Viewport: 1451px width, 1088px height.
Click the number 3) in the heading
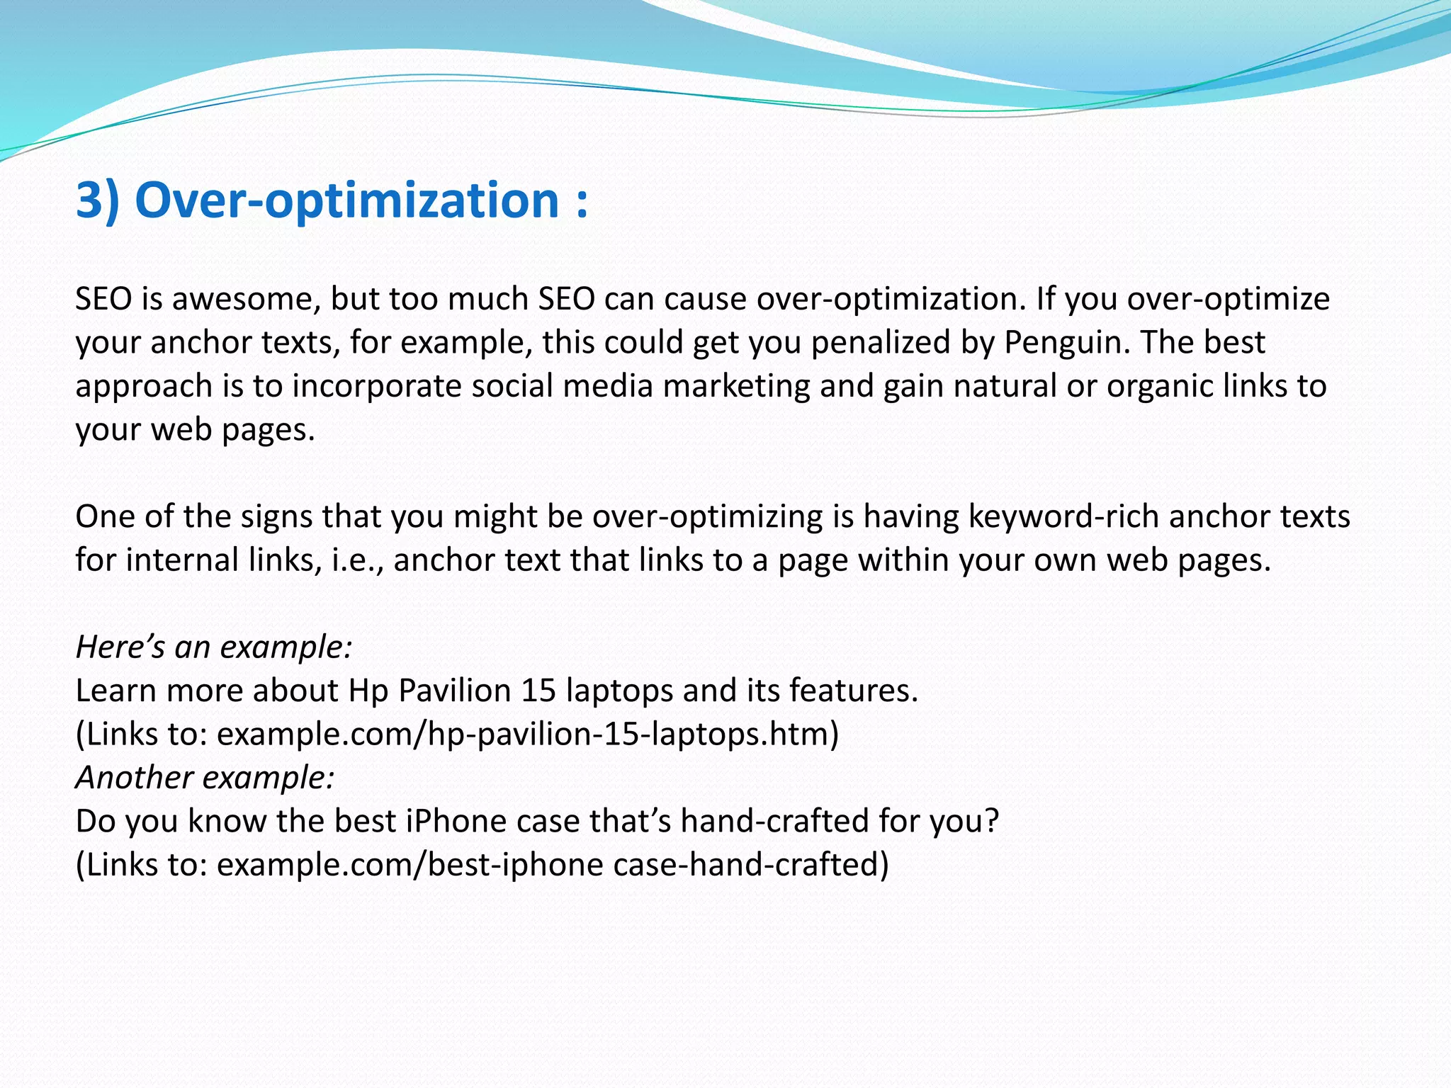(97, 200)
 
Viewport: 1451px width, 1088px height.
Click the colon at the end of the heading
(582, 202)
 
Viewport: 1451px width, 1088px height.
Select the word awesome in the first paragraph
(240, 299)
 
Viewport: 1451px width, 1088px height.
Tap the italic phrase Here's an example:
(213, 647)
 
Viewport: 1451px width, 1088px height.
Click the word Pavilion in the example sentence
(454, 691)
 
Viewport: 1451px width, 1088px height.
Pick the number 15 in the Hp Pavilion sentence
(538, 691)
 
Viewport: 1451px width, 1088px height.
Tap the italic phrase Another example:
(205, 778)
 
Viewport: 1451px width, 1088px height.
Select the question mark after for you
(991, 822)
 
